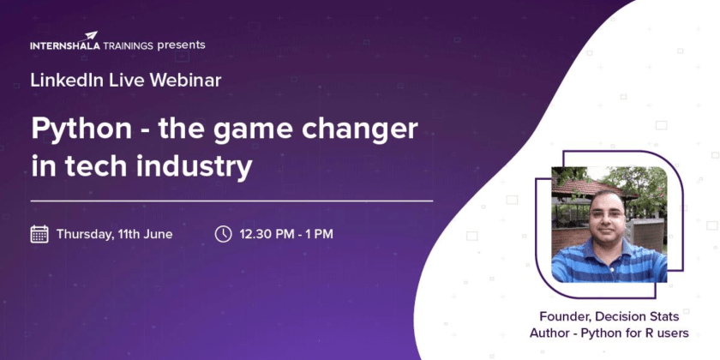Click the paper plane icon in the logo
coord(92,35)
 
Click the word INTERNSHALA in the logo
coord(65,46)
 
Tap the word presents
coord(181,45)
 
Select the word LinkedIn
coord(69,81)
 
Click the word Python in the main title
coord(81,130)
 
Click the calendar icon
coord(39,234)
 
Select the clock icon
coord(223,234)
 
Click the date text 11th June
coord(145,234)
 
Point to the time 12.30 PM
coord(265,234)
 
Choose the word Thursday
coord(85,235)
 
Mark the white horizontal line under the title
coord(232,201)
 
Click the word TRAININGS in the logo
coord(128,46)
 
